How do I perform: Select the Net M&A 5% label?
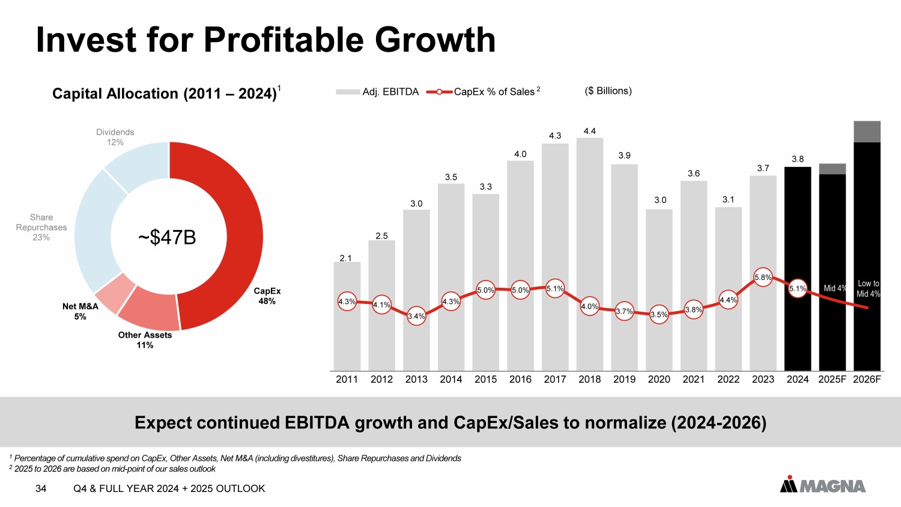(x=80, y=311)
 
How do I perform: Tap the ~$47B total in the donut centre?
(x=167, y=237)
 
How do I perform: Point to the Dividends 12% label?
(x=115, y=137)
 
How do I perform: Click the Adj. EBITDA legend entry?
(x=378, y=92)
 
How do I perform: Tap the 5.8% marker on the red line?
(x=763, y=277)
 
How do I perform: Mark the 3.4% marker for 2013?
(x=416, y=316)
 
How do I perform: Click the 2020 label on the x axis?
(x=659, y=379)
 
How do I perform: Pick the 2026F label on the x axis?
(x=867, y=379)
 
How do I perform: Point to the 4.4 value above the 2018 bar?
(x=590, y=131)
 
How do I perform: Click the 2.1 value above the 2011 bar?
(x=345, y=258)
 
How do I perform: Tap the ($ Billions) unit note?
(x=608, y=91)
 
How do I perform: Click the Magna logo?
(x=823, y=485)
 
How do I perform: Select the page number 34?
(x=41, y=488)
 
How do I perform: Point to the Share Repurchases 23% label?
(x=41, y=227)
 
